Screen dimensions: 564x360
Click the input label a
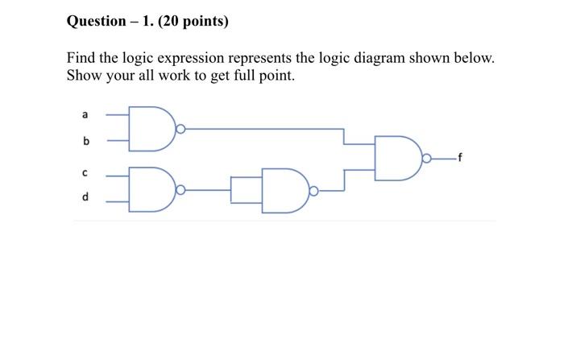coord(85,115)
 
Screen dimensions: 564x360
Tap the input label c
coord(85,172)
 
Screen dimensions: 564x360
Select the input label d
coord(85,197)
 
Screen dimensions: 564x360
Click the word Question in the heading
coord(99,22)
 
